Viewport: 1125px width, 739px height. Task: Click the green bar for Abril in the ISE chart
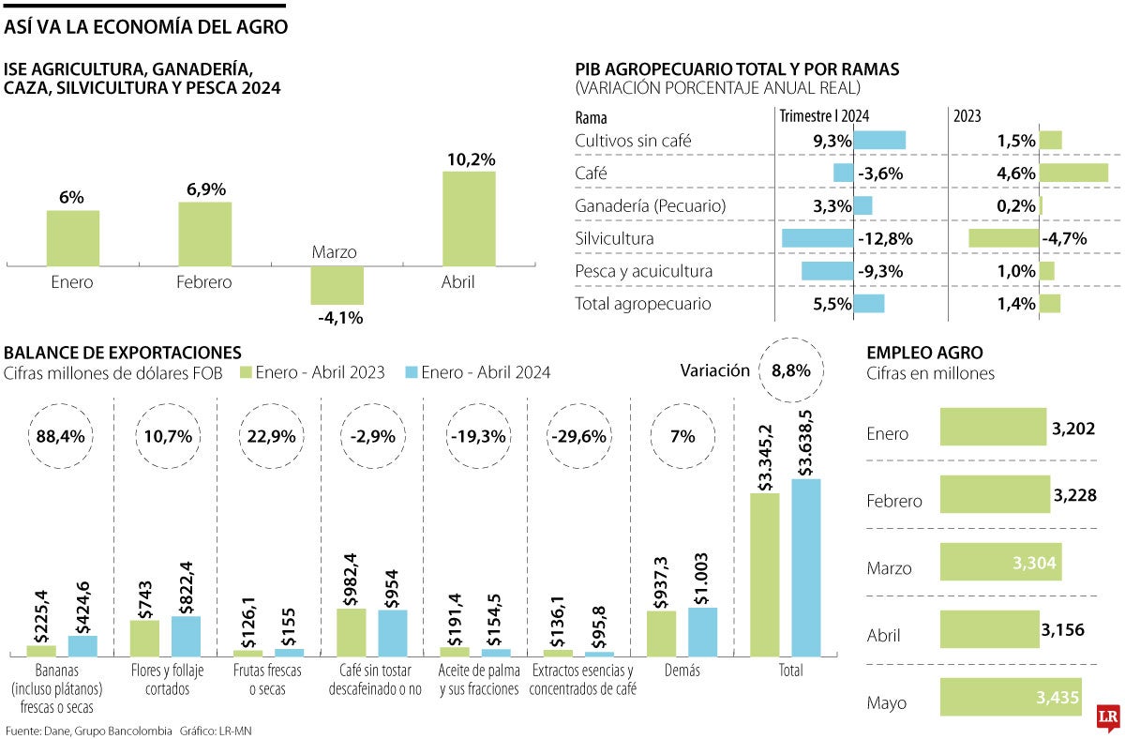[470, 219]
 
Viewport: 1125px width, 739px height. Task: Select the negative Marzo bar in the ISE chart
[337, 285]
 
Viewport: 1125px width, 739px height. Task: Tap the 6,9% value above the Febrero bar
[205, 189]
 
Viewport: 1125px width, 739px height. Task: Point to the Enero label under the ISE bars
[72, 281]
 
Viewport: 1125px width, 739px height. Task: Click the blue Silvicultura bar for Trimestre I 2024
[817, 238]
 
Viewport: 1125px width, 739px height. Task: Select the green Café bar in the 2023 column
[1073, 173]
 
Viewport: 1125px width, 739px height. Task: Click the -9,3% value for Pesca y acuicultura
[881, 271]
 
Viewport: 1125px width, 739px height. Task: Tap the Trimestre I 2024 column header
[824, 117]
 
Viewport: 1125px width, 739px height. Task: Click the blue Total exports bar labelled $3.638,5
[805, 566]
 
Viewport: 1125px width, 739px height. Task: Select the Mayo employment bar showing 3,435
[1010, 698]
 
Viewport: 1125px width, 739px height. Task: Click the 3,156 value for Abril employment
[1062, 629]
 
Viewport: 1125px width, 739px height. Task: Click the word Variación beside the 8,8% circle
[715, 370]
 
